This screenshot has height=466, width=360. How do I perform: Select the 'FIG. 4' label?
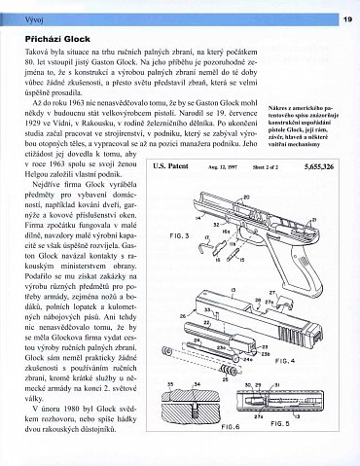[x=314, y=361]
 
